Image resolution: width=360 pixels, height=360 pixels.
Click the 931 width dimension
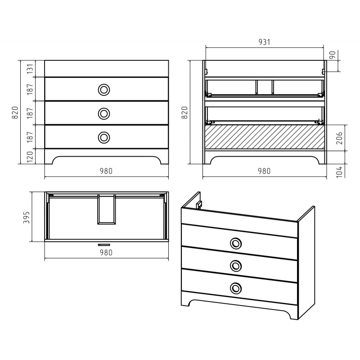(x=264, y=42)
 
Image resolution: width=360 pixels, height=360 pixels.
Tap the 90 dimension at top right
(x=333, y=55)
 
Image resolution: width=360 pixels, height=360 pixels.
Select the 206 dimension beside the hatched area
(x=339, y=138)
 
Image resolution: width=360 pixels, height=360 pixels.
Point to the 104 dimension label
(x=339, y=172)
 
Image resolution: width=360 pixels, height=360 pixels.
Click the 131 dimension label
(x=30, y=69)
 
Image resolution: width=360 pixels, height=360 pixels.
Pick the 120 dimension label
(x=30, y=157)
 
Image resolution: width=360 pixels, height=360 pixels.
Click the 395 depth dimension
(x=27, y=217)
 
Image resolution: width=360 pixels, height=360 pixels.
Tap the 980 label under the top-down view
(x=106, y=252)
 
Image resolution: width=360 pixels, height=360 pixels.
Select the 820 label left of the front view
(x=15, y=112)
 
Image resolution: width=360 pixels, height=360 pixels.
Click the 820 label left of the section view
(x=184, y=112)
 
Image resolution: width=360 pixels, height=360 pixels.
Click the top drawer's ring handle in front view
(x=104, y=90)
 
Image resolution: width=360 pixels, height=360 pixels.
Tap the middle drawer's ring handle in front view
(x=104, y=114)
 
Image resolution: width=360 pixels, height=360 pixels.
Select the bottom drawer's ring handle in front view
(x=104, y=138)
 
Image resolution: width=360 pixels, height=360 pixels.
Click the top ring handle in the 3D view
(x=235, y=243)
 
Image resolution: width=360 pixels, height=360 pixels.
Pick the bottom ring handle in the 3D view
(x=235, y=288)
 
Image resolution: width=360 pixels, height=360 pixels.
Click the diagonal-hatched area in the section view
(x=265, y=137)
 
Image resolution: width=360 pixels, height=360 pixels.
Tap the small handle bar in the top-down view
(x=104, y=245)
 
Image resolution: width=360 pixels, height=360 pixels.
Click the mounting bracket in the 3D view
(x=199, y=204)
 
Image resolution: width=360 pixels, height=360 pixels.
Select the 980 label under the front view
(x=106, y=171)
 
